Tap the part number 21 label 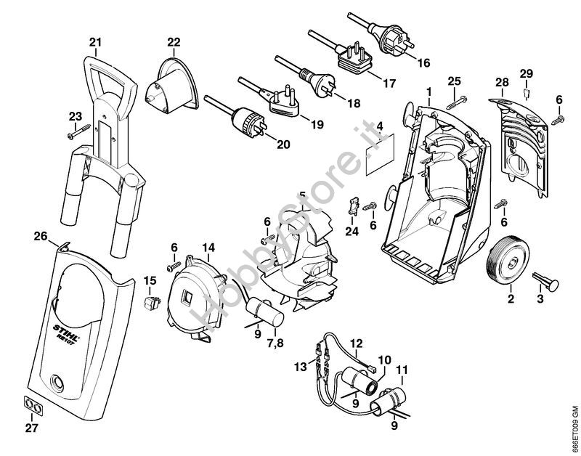pyautogui.click(x=95, y=41)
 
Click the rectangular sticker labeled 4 pyautogui.click(x=382, y=155)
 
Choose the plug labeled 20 pyautogui.click(x=249, y=120)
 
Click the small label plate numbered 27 pyautogui.click(x=31, y=404)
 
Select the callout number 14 pyautogui.click(x=208, y=247)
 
